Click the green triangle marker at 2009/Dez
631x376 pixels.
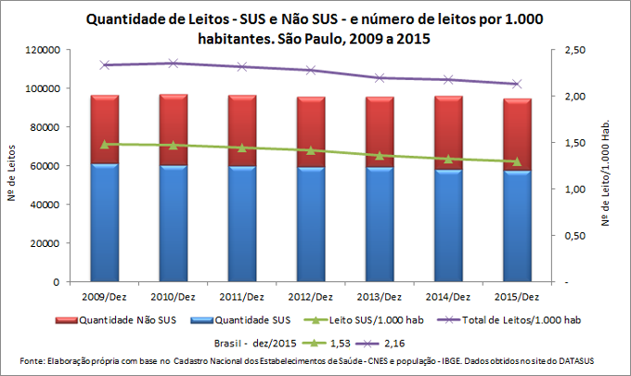pyautogui.click(x=104, y=144)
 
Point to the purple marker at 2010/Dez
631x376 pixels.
pyautogui.click(x=173, y=63)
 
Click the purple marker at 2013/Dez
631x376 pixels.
pyautogui.click(x=380, y=78)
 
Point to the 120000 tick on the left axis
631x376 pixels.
pyautogui.click(x=45, y=49)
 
